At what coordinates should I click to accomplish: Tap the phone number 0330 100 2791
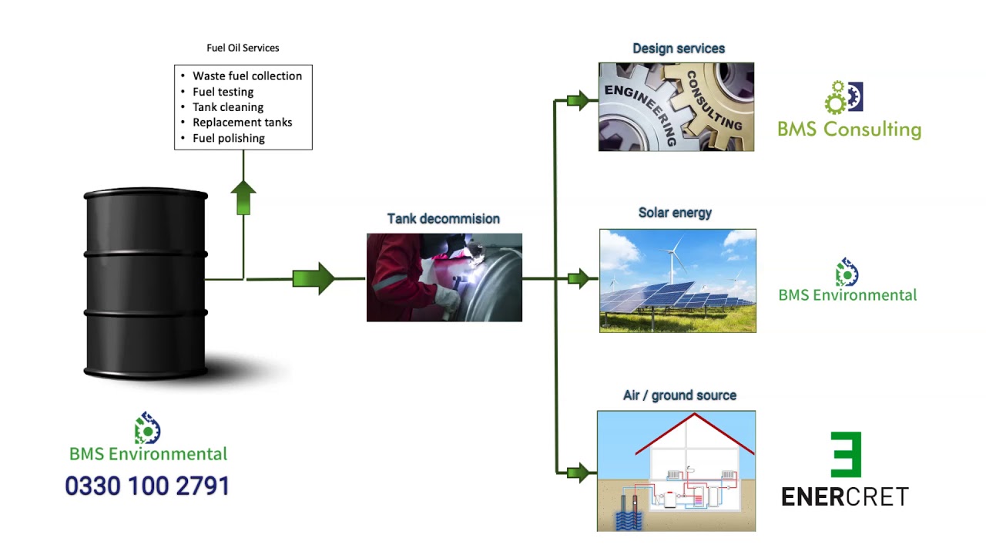point(147,486)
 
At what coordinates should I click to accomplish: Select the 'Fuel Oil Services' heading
point(243,48)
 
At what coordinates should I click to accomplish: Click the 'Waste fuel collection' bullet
point(246,76)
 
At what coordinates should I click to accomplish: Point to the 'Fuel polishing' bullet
point(228,138)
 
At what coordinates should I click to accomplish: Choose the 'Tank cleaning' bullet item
point(227,107)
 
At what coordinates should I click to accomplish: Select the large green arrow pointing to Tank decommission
point(313,278)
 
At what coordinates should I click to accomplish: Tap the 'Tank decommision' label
point(443,219)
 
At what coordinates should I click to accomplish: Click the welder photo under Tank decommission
point(444,277)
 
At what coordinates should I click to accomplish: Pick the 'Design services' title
point(678,49)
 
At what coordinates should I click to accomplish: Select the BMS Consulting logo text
point(849,129)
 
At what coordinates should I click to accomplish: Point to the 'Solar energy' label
point(675,213)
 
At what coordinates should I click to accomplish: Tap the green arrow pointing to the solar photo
point(578,278)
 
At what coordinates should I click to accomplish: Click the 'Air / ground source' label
point(679,395)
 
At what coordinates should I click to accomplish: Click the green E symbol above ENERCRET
point(846,455)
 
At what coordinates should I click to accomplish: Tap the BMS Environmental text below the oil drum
point(148,454)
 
